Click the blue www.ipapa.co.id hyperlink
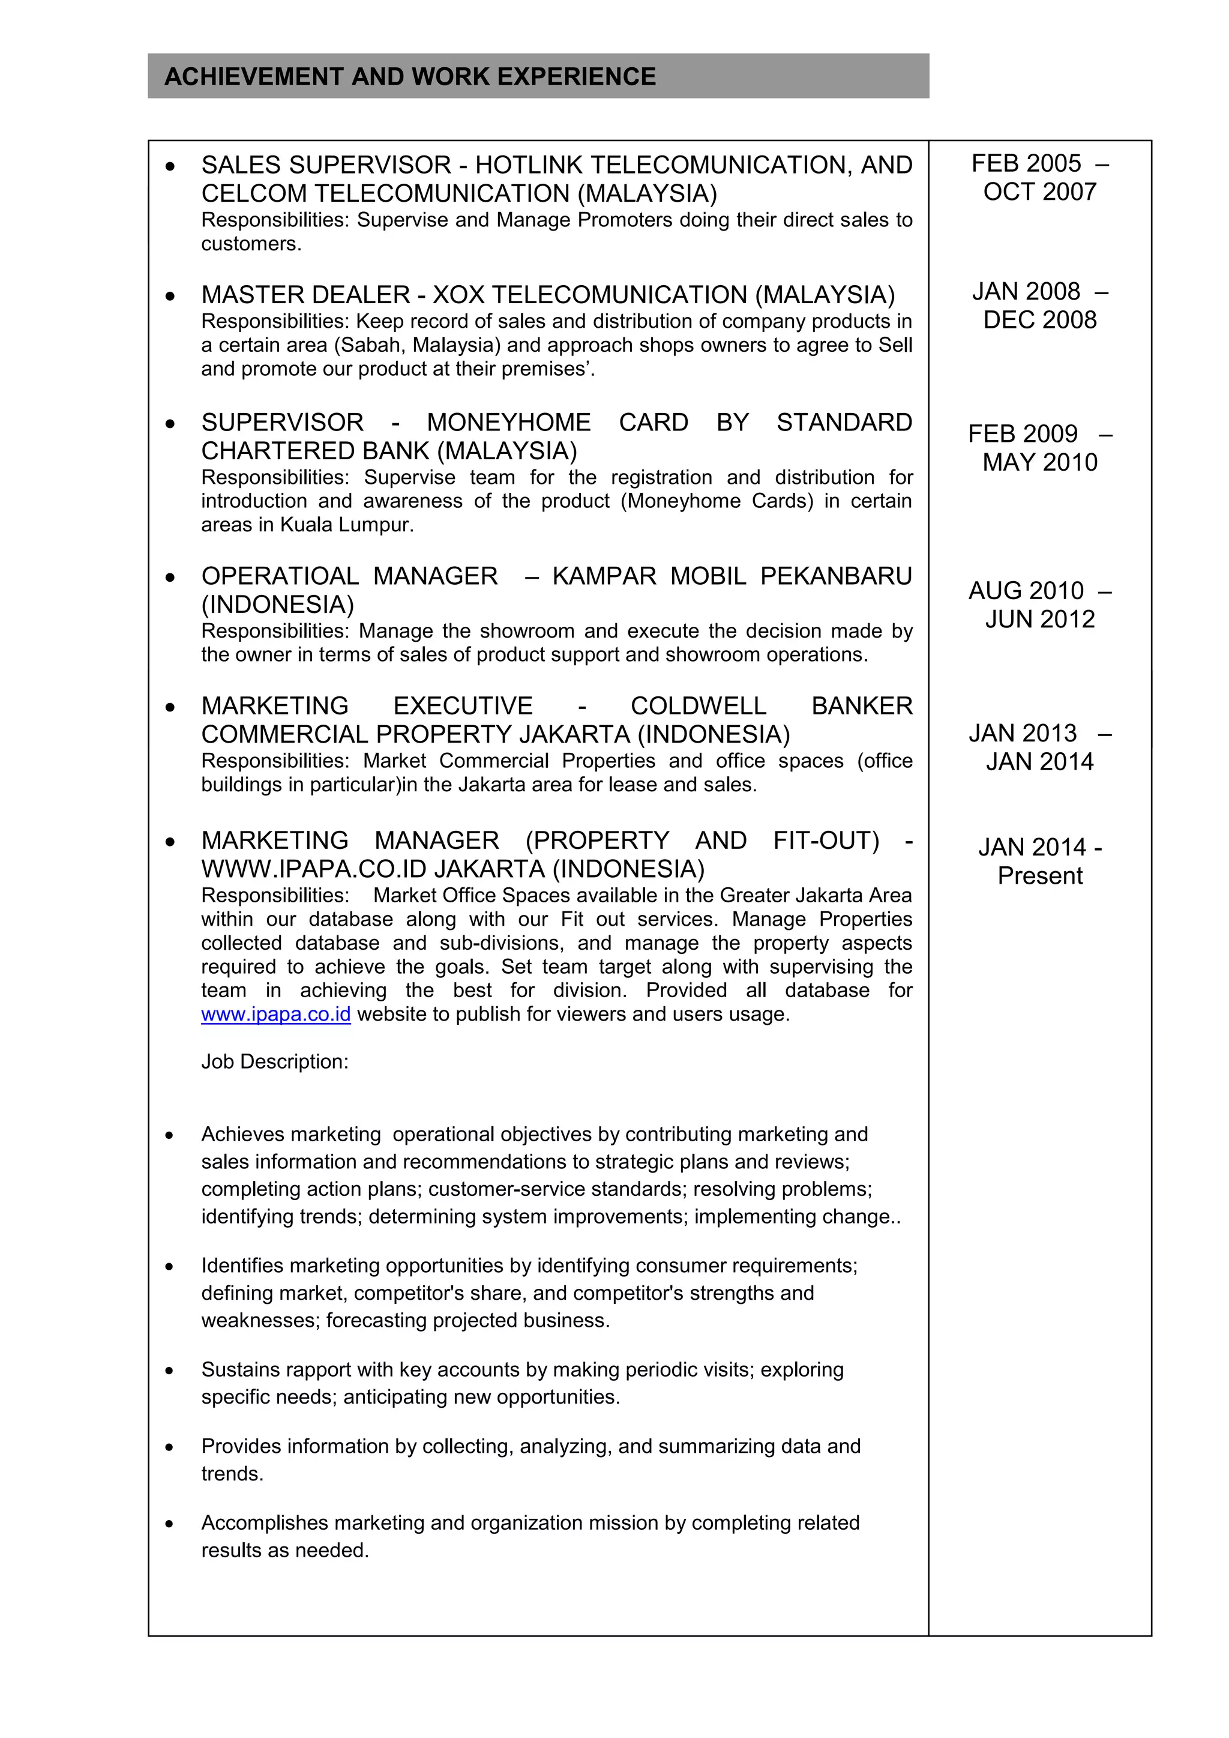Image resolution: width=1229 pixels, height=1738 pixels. point(275,1015)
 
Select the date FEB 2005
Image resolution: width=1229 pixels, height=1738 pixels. point(1026,163)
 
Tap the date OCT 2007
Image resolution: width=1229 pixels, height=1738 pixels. point(1040,192)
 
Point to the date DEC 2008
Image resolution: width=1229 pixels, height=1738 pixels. point(1040,320)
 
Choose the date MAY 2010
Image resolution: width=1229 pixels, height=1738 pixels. point(1040,462)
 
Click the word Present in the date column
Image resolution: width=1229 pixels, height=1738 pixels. point(1040,876)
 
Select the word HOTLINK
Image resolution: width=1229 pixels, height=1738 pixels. point(528,165)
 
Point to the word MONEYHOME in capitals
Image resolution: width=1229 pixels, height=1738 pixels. point(508,423)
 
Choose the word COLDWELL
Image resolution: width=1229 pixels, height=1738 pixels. point(698,705)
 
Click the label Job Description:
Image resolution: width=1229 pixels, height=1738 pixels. point(275,1062)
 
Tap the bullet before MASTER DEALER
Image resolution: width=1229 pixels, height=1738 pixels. point(170,295)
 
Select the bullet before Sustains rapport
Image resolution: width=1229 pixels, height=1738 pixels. point(170,1370)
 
